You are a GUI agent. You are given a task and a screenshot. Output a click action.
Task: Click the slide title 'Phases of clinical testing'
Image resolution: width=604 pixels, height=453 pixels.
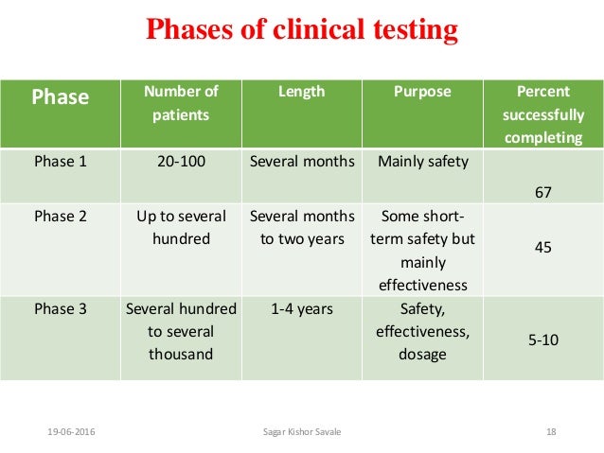[x=301, y=31]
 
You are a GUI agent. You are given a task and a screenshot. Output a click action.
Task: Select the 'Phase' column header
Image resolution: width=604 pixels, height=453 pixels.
[x=62, y=96]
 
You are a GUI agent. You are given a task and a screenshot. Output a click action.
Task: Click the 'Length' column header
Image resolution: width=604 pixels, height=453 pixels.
[x=302, y=92]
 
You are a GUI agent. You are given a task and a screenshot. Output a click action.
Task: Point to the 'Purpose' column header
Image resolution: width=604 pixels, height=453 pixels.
[x=422, y=92]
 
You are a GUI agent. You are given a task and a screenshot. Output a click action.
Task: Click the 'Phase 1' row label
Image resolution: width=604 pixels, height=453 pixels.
[x=61, y=162]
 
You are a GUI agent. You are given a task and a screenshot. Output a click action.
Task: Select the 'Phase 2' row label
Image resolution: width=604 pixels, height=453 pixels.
[x=61, y=217]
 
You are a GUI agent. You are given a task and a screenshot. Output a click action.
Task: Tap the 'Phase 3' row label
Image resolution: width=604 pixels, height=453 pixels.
[x=61, y=308]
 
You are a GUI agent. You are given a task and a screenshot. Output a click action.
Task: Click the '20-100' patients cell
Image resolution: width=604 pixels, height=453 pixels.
[x=181, y=162]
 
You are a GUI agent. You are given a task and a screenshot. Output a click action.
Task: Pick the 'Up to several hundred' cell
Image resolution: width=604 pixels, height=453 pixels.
[x=181, y=228]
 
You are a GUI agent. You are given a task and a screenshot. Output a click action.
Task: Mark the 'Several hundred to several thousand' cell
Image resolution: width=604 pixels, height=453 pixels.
[x=181, y=331]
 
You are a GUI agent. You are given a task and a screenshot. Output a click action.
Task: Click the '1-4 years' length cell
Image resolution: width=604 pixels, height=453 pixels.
[x=302, y=308]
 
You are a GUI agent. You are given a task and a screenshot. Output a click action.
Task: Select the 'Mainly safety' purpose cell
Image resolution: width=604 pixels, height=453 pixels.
[x=423, y=162]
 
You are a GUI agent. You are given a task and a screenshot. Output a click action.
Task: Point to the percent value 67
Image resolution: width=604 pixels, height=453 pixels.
[x=543, y=193]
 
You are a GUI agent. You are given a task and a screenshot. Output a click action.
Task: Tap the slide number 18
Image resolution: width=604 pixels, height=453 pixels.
[x=551, y=432]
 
